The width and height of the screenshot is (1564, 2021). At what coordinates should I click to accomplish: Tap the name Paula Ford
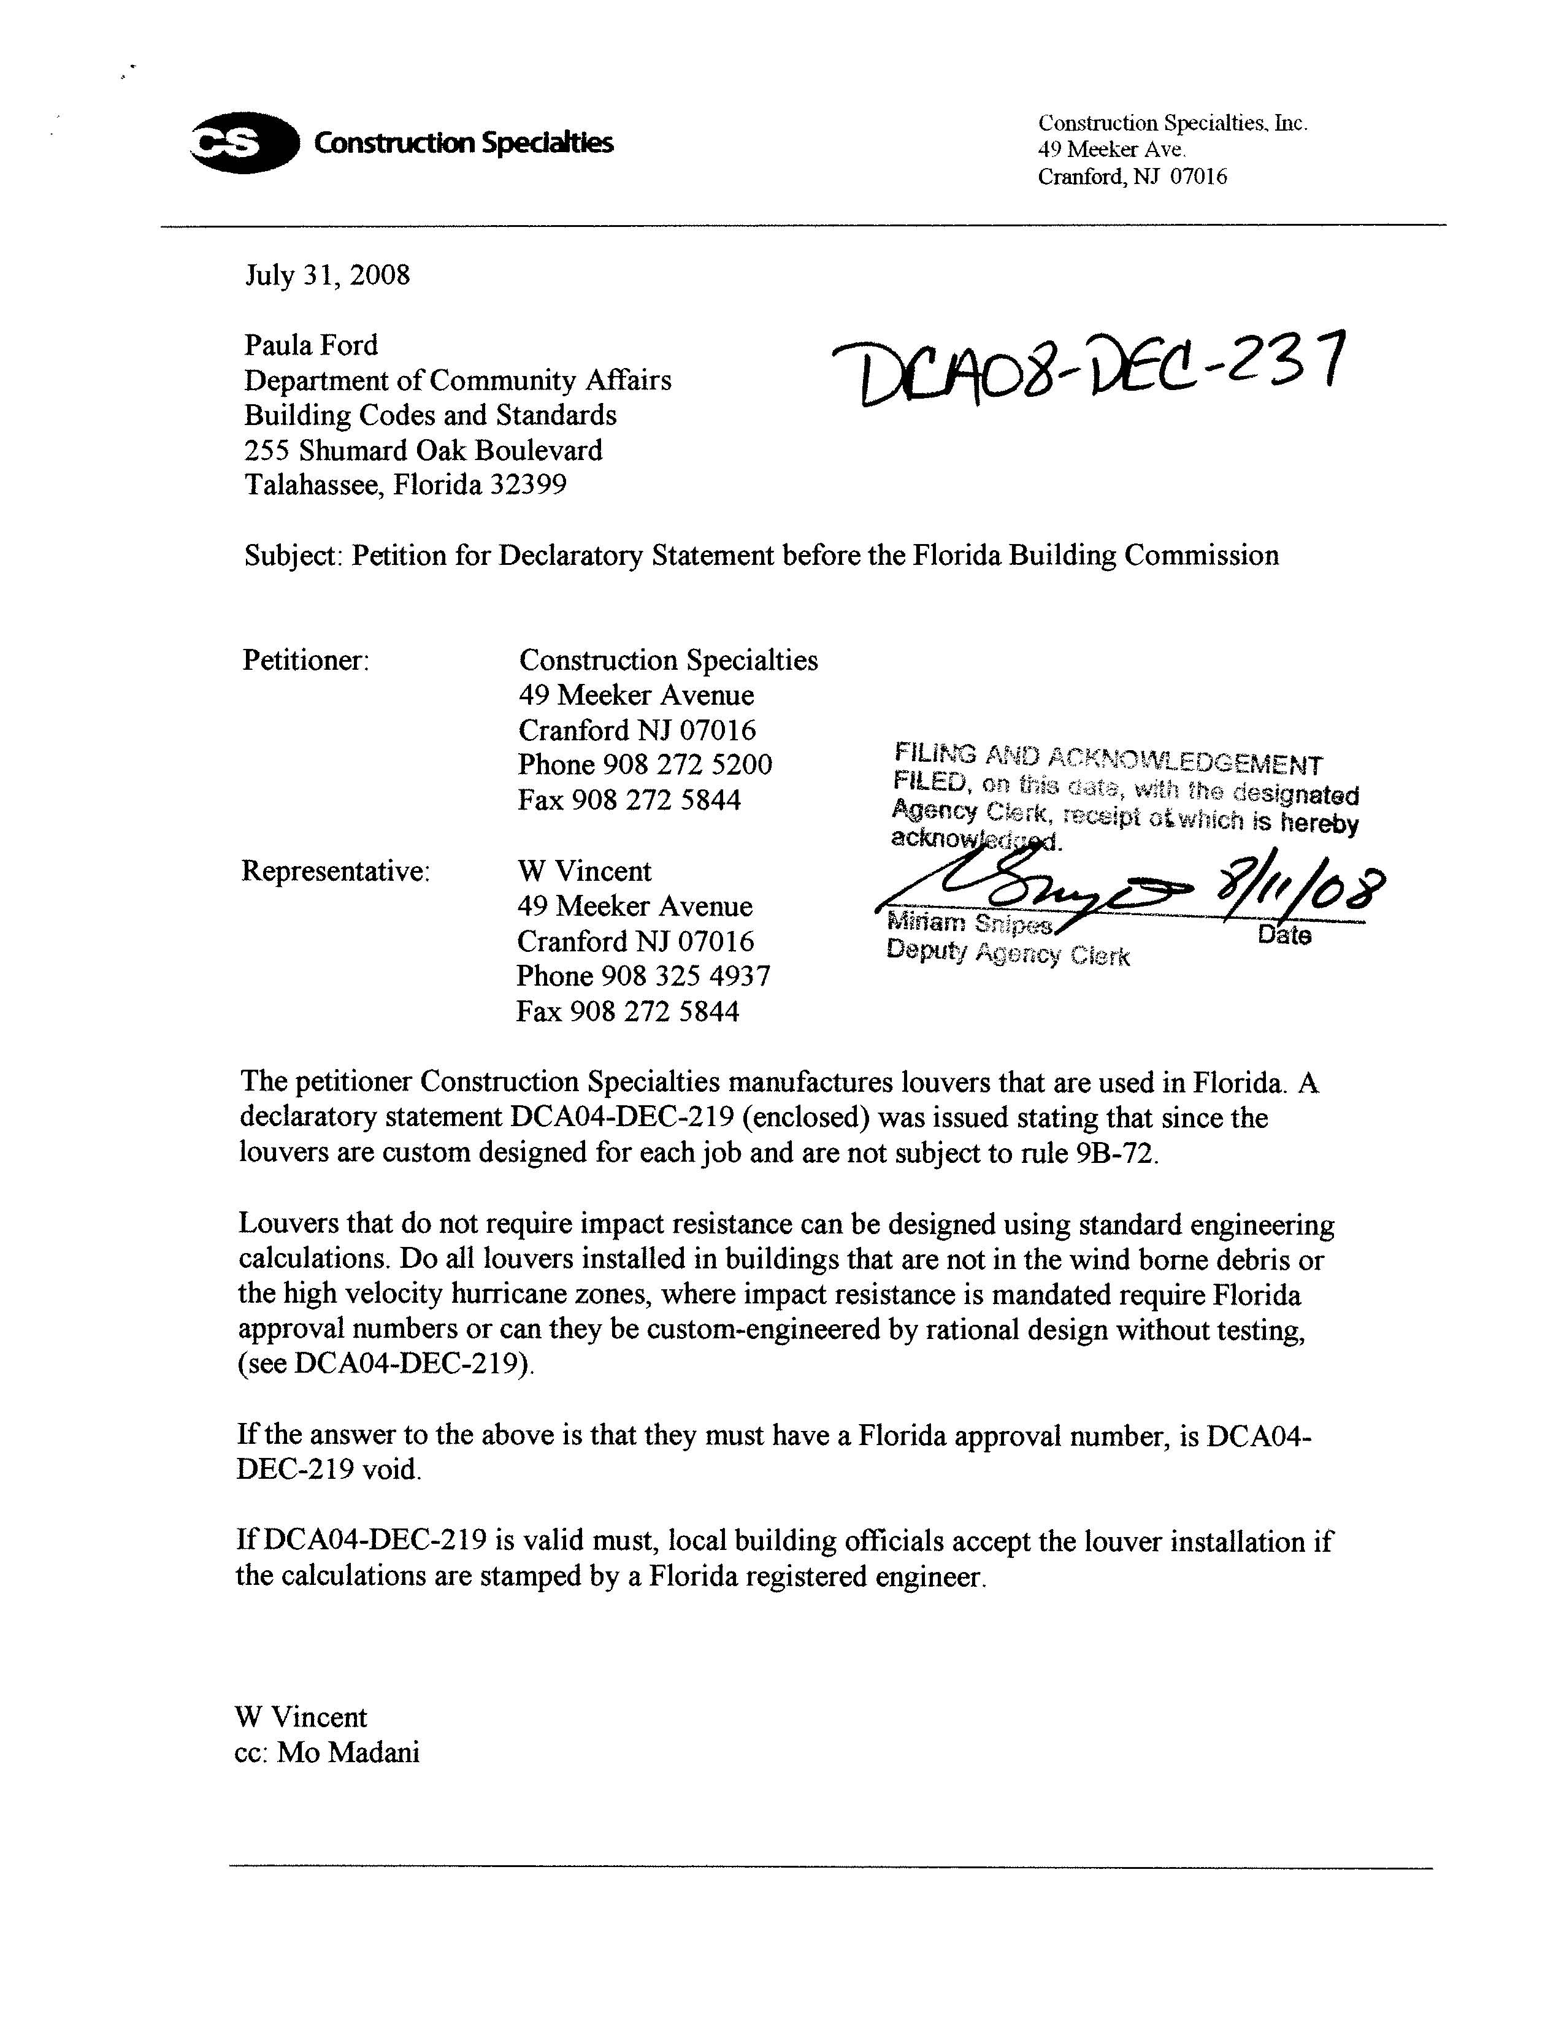311,345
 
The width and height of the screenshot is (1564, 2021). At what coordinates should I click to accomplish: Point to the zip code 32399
527,485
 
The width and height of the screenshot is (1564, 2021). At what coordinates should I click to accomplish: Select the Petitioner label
305,661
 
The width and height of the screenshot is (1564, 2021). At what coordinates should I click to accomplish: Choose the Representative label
335,872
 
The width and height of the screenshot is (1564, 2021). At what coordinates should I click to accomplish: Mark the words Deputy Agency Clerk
1008,953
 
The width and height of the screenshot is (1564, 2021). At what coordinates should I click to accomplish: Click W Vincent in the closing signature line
301,1717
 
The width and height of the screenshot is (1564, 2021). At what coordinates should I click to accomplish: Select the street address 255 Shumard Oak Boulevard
423,451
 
